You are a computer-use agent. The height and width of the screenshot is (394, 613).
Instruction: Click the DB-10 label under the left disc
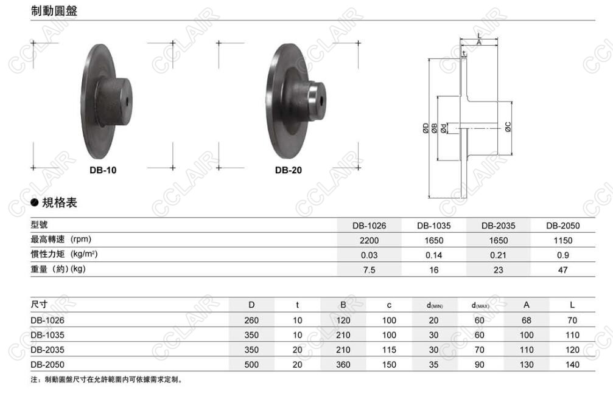tap(103, 170)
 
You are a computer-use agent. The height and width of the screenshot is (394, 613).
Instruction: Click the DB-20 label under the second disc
tap(289, 170)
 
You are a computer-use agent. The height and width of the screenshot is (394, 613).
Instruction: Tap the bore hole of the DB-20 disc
tap(321, 100)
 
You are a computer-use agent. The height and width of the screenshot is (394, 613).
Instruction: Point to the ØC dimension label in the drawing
tap(508, 126)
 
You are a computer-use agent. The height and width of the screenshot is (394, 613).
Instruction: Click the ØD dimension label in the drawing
tap(426, 128)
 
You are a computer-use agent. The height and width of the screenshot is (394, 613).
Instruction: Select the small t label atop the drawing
tap(464, 54)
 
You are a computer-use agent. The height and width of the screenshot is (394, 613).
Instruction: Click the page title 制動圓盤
tap(54, 10)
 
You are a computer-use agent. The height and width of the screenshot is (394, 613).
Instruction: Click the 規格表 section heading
tap(60, 202)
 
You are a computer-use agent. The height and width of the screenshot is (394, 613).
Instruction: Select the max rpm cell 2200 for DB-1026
tap(369, 241)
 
